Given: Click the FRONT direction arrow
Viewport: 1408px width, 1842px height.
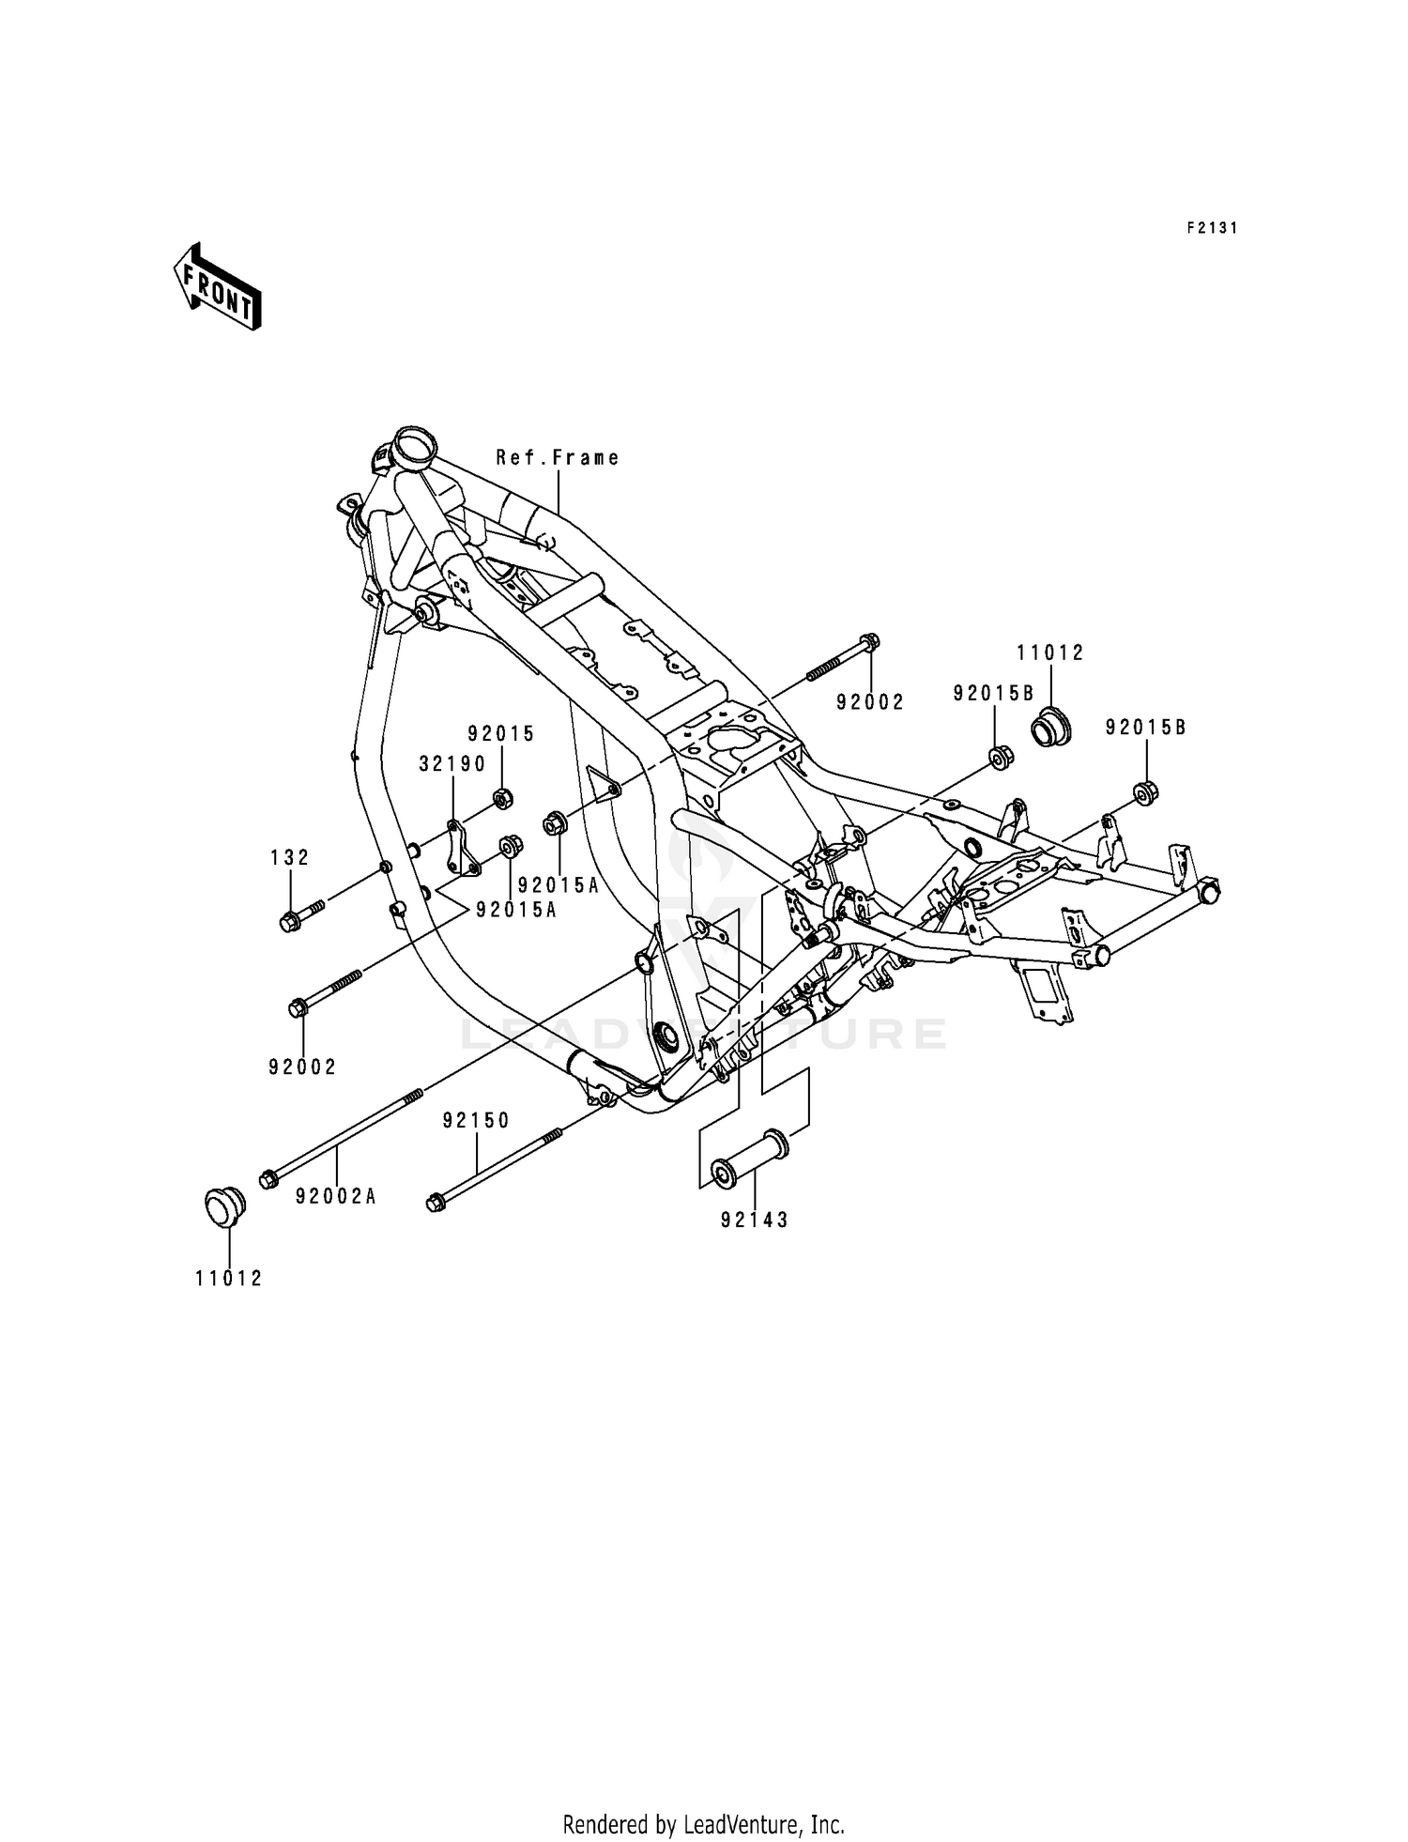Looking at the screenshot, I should point(217,285).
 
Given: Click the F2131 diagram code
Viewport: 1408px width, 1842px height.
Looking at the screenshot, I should point(1212,228).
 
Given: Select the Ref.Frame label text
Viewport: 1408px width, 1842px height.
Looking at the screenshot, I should point(558,458).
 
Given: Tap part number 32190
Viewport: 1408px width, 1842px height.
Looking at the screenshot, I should point(452,764).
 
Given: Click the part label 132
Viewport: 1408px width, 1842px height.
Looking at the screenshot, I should point(289,857).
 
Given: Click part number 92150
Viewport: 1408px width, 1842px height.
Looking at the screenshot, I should point(476,1120).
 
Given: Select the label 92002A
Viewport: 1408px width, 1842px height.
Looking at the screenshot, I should point(336,1196).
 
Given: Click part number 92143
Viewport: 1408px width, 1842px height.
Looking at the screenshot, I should point(755,1220).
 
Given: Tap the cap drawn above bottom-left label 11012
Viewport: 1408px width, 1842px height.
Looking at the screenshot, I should point(224,1205).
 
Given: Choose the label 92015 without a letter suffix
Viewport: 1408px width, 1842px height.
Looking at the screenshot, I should point(502,733).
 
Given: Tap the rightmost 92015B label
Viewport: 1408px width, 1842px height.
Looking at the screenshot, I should point(1145,728).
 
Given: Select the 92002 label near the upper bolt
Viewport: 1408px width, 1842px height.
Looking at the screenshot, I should point(870,702).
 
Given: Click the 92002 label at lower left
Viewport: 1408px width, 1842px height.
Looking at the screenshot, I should point(302,1067).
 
